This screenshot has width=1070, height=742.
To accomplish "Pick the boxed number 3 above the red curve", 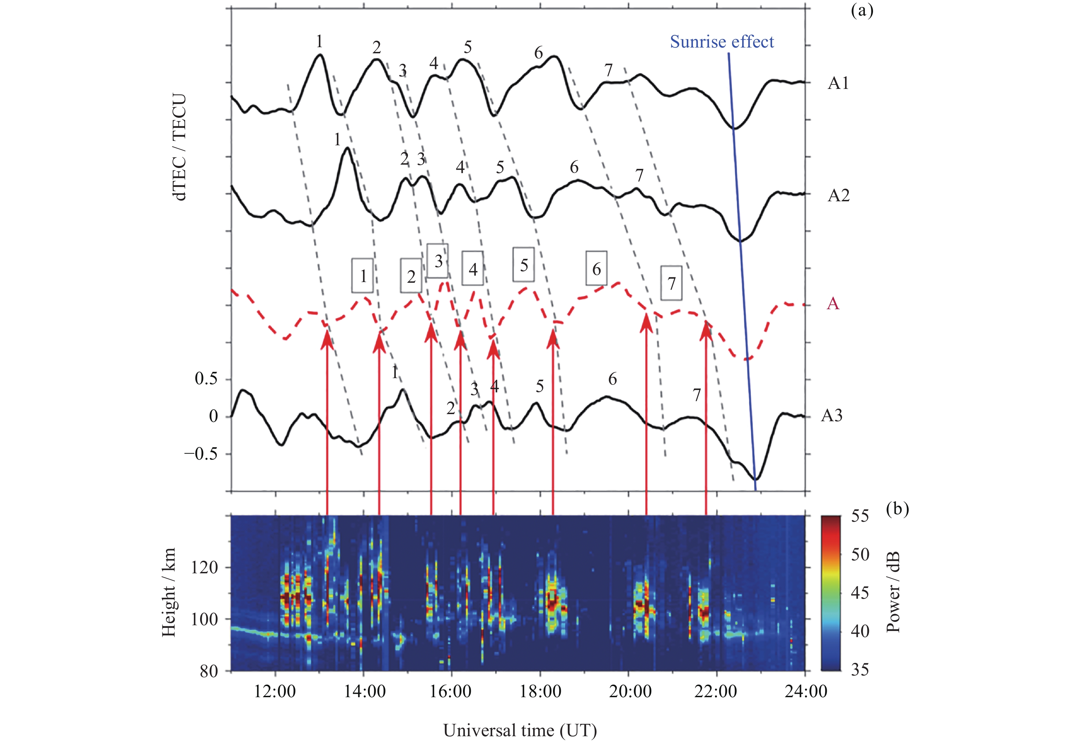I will pos(438,261).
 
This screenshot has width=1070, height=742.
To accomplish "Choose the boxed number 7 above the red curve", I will pos(671,283).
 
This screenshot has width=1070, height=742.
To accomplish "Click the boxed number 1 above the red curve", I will pos(363,276).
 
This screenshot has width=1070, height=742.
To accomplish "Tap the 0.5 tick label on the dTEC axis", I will pos(206,379).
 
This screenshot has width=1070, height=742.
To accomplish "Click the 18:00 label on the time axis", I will pos(540,691).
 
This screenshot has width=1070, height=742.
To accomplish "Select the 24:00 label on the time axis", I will pos(806,691).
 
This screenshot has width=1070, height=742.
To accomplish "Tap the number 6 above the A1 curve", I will pos(538,53).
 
